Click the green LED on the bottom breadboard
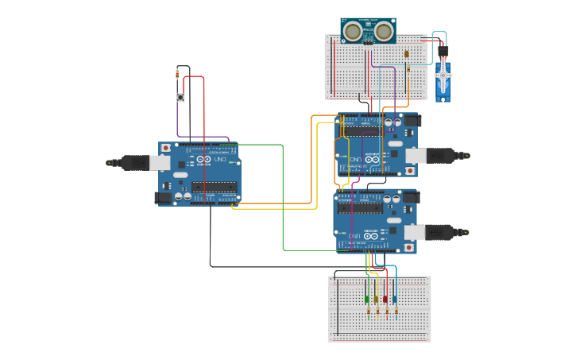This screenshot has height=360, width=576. tap(367, 300)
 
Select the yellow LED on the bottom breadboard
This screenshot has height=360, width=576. tap(377, 300)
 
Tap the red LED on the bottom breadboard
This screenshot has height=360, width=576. tap(385, 300)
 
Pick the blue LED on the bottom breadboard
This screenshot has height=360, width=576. tap(394, 300)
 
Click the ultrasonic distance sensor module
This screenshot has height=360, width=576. tap(369, 31)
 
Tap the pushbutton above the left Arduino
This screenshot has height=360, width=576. tap(181, 98)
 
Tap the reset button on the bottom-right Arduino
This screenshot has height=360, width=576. tap(408, 247)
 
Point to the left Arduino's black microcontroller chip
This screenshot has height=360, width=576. tap(214, 188)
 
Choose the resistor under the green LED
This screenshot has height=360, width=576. tap(368, 312)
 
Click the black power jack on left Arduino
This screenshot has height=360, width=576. tap(163, 196)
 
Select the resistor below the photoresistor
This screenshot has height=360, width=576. tap(408, 69)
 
